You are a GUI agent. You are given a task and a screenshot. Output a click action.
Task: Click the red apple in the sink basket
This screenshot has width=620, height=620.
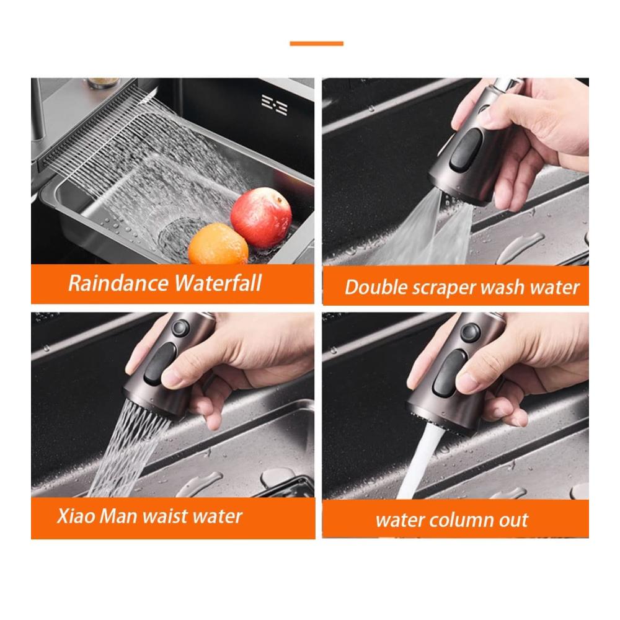coord(261,218)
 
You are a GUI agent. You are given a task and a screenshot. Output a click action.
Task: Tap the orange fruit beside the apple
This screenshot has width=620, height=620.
coord(218,244)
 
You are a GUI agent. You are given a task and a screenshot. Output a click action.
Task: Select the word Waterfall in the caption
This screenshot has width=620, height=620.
coord(218,283)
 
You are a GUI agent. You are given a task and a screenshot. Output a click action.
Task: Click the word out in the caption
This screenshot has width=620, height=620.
coord(513,520)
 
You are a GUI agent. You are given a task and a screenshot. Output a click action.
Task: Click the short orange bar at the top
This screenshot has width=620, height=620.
coord(316,43)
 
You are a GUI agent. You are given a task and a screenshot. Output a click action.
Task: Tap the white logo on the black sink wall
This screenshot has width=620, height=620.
coord(275,105)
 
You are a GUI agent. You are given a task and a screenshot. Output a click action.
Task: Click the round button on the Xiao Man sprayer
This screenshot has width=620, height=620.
coord(180,328)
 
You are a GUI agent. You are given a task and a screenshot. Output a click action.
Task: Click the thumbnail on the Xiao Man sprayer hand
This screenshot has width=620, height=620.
coord(171,376)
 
